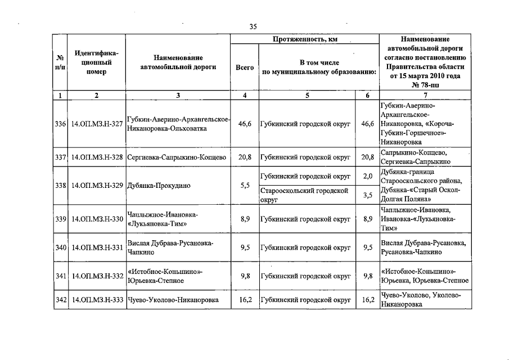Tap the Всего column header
click(x=245, y=67)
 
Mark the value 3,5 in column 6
click(x=368, y=195)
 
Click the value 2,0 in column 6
click(x=368, y=176)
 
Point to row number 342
click(x=60, y=300)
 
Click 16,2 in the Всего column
click(x=245, y=300)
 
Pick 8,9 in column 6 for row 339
click(x=368, y=219)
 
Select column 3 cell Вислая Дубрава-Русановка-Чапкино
click(x=170, y=247)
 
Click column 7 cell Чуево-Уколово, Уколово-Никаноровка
click(x=421, y=300)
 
